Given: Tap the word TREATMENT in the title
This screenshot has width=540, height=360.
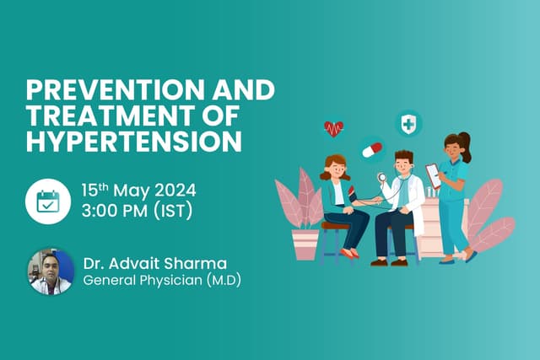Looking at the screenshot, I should [94, 115].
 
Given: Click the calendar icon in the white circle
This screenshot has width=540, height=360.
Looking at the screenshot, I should [48, 201].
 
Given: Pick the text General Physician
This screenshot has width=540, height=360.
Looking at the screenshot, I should [138, 281].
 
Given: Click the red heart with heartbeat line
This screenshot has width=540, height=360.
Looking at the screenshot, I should [334, 128].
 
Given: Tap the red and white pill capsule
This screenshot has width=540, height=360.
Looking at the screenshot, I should [371, 149].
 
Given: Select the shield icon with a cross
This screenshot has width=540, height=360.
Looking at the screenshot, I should [408, 125].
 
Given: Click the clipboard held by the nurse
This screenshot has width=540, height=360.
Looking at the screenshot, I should [433, 175].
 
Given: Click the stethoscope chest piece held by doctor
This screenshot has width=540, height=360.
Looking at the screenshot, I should [381, 178].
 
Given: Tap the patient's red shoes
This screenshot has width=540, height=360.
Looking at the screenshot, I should [351, 253].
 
